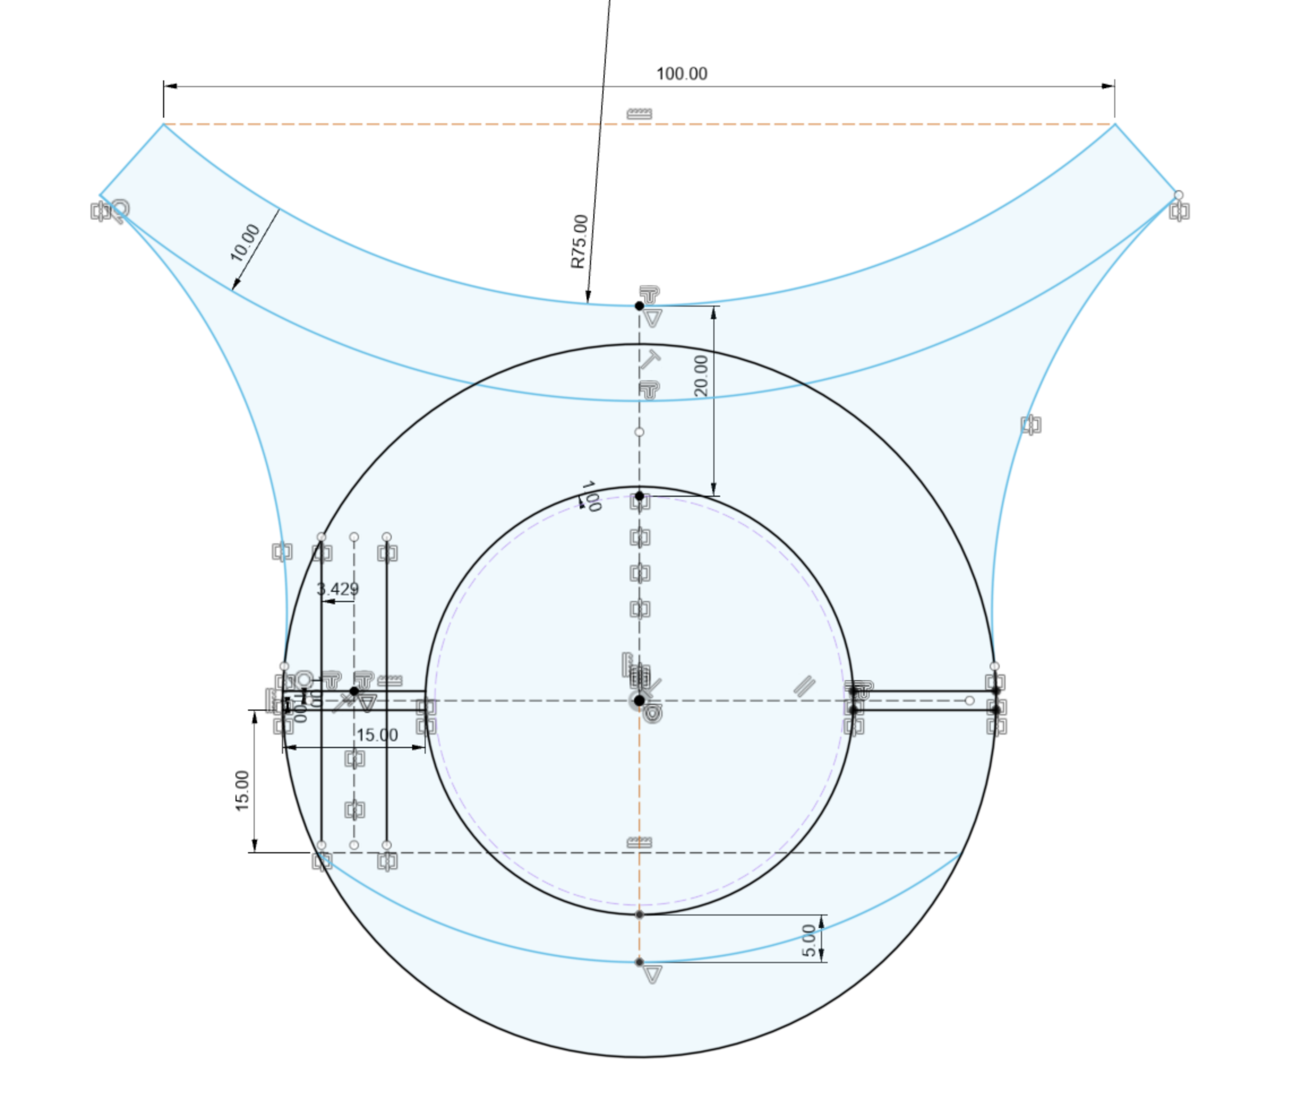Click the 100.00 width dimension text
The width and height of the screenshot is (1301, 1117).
[681, 74]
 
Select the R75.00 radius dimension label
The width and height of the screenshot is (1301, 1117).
[579, 242]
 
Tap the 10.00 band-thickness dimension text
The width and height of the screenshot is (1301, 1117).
[245, 243]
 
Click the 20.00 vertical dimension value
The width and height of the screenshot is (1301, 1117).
[701, 376]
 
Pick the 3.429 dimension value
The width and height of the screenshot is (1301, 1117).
[338, 588]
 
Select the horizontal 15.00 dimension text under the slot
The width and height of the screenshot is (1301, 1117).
[376, 735]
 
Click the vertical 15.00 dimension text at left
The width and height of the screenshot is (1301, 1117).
[242, 791]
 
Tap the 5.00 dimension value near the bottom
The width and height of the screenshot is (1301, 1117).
[810, 940]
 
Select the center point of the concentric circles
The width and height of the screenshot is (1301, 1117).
[639, 701]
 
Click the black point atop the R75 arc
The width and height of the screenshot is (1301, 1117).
[639, 306]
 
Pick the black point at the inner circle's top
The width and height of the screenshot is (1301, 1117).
[639, 496]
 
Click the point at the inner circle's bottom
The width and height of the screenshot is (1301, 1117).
[639, 914]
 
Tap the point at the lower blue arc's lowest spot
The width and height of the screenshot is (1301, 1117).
[639, 962]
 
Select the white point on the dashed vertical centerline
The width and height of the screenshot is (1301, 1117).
[639, 432]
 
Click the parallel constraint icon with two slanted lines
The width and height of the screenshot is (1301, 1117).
[804, 686]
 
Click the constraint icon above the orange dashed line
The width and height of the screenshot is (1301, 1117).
[639, 114]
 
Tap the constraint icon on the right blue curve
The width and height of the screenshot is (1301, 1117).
[1030, 425]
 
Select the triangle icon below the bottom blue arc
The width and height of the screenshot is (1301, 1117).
[652, 975]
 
